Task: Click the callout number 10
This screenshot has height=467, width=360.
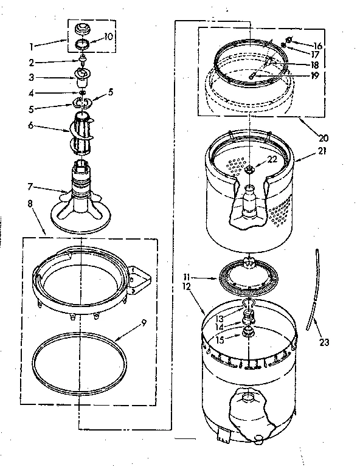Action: (109, 36)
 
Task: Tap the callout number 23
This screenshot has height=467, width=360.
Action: (324, 342)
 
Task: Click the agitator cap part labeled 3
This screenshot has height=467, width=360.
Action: (82, 76)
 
